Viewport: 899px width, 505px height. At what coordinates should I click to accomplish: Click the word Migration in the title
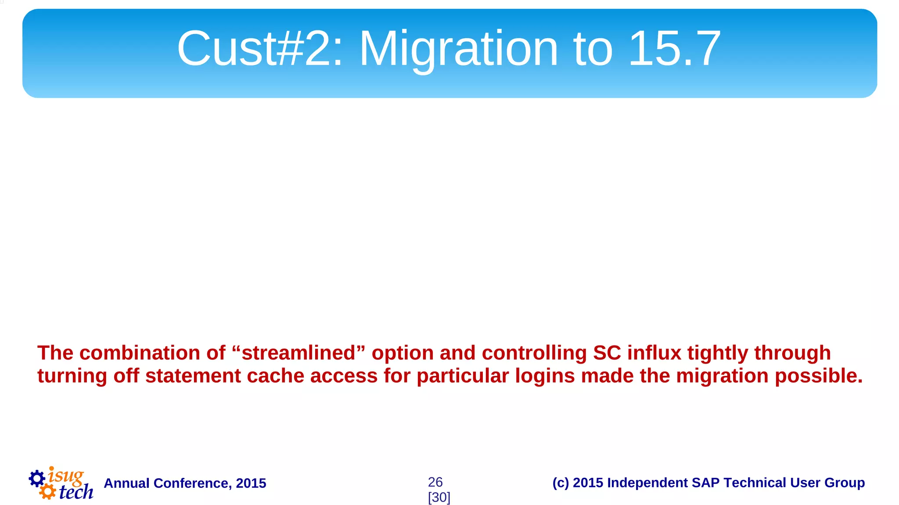[x=458, y=49]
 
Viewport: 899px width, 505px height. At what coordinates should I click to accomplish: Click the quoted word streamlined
[x=298, y=353]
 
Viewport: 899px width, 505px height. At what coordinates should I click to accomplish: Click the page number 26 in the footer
[x=435, y=482]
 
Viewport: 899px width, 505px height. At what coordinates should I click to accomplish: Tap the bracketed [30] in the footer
[x=439, y=498]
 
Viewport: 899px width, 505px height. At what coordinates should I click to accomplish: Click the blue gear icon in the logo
[x=37, y=478]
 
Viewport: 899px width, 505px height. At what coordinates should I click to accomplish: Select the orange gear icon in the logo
[x=47, y=491]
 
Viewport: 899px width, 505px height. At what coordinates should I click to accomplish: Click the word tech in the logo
[x=76, y=492]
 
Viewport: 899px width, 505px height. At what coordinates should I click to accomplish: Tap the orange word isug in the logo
[x=66, y=476]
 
